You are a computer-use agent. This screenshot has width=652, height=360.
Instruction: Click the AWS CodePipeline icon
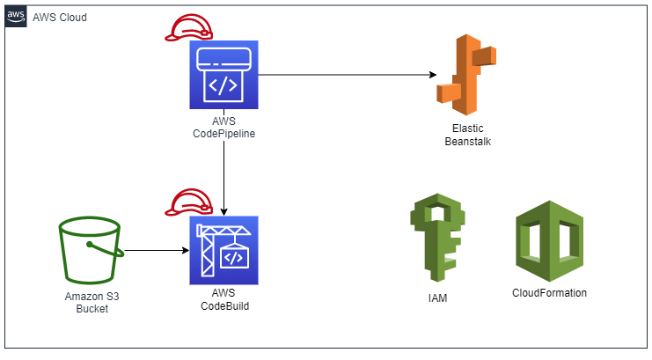tap(224, 74)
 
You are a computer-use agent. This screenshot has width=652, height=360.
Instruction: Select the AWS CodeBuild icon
tap(224, 251)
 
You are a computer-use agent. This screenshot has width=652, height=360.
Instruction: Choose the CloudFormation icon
tap(548, 238)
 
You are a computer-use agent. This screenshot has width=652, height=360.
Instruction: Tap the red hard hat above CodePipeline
tap(188, 29)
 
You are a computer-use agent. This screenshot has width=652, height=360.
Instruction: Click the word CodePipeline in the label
tap(224, 133)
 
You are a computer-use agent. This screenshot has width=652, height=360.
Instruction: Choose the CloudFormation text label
tap(549, 293)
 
